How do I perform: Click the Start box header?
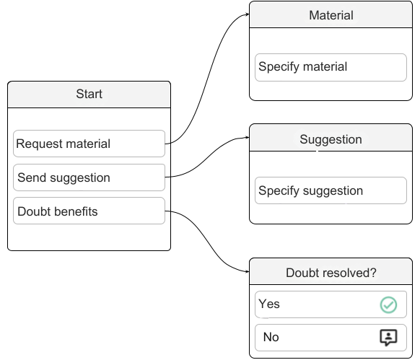89,95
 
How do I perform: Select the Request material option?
89,144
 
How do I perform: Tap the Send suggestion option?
89,177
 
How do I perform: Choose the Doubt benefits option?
89,211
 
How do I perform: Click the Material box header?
331,14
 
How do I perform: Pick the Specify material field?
331,68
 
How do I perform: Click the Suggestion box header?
331,138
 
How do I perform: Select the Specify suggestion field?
331,190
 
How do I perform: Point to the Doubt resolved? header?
331,271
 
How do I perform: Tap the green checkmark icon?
388,304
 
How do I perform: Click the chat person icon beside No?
388,338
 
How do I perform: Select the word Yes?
269,304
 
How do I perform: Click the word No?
271,337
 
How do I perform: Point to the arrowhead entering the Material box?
248,14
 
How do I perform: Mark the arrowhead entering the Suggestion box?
248,137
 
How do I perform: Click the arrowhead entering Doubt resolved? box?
248,271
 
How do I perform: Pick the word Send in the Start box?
32,177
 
